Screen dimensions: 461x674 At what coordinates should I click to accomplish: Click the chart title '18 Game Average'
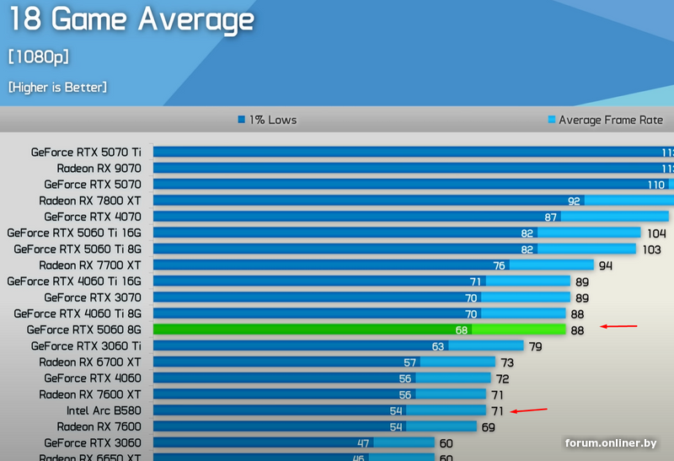131,19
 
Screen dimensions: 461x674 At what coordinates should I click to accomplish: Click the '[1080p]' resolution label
38,56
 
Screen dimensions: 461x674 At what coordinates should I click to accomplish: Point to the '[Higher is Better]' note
57,87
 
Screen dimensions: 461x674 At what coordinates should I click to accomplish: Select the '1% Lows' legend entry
267,120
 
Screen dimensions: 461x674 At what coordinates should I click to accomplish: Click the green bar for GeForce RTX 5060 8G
359,330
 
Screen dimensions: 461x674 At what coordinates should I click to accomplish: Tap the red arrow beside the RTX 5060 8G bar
618,326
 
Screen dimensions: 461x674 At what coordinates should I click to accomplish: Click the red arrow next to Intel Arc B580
528,410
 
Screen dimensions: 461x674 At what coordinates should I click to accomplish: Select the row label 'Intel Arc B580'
104,410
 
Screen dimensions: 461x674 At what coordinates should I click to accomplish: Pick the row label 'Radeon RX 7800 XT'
90,201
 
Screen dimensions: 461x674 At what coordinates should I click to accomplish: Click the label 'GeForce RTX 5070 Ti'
86,153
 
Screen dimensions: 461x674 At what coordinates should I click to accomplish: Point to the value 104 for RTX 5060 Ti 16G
656,233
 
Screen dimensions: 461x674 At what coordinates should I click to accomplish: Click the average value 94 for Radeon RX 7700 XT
605,265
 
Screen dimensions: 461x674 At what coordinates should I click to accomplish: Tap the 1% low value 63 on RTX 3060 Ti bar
437,346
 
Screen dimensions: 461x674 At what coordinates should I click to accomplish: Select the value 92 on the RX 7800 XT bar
574,201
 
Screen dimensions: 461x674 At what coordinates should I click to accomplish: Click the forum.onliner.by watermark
611,443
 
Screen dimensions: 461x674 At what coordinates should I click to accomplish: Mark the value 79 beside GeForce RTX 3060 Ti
534,346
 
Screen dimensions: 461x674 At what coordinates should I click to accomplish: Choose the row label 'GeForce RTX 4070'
93,217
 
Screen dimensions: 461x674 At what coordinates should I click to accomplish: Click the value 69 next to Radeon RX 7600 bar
488,427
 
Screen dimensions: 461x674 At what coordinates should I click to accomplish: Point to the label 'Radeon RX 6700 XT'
90,362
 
